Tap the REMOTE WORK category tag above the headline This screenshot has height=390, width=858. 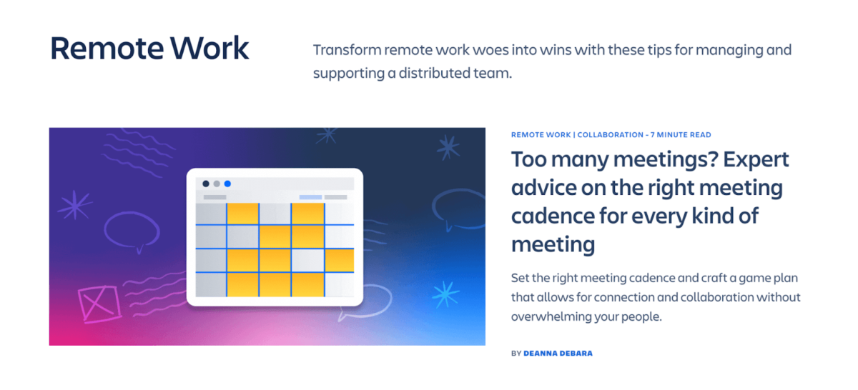541,135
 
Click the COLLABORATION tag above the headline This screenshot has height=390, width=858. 609,135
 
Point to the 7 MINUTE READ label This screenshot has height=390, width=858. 680,135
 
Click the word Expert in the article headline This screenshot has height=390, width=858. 756,159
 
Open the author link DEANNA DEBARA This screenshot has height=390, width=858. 558,353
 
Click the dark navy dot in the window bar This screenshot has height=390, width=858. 206,184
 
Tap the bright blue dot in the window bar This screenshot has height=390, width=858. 227,184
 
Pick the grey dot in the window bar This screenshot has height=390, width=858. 217,184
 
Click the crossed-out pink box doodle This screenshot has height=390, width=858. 92,302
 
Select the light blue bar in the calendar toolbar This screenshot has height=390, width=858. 310,197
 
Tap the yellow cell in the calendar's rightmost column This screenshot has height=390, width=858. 340,260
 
